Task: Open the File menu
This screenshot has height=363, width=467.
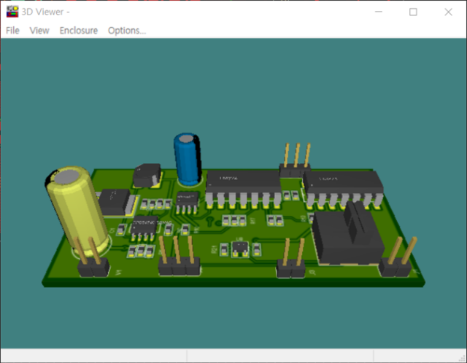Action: pos(12,31)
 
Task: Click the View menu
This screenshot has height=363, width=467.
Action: pos(39,31)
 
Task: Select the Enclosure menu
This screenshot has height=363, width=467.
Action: pos(78,31)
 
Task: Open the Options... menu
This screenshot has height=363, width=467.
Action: pos(127,31)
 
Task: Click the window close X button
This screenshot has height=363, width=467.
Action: pos(447,12)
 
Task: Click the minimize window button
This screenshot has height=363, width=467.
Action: pos(379,12)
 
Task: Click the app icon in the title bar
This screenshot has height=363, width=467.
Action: pos(12,12)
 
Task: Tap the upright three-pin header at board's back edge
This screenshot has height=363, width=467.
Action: pos(294,164)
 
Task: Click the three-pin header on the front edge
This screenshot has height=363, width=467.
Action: pos(179,263)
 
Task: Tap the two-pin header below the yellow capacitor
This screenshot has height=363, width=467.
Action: pos(93,266)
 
